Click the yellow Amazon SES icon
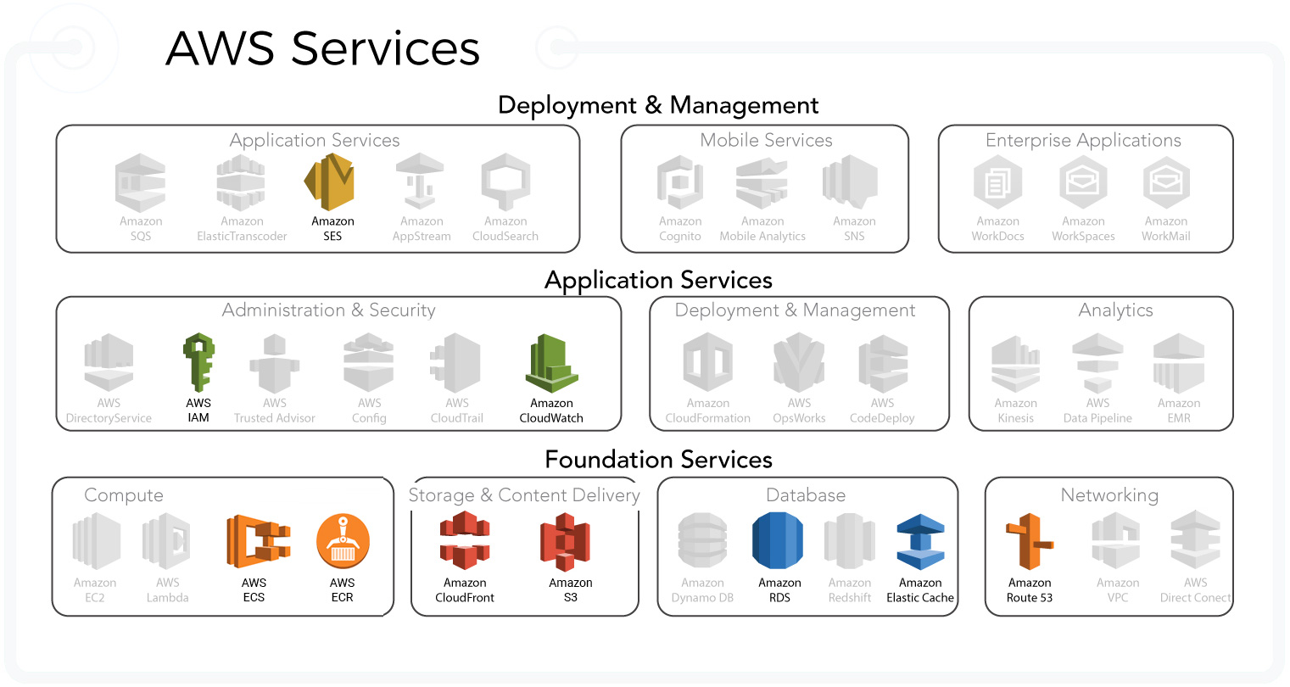(x=329, y=182)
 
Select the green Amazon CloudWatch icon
(x=551, y=364)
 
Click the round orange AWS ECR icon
(x=343, y=541)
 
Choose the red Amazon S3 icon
(x=566, y=542)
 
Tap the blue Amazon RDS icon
(x=778, y=541)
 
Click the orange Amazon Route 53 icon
(x=1030, y=542)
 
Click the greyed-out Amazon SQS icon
(x=141, y=182)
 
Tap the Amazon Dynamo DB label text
(x=702, y=590)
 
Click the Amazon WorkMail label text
(x=1166, y=229)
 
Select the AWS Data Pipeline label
(x=1097, y=411)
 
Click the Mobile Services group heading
(x=766, y=140)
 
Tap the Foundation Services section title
(x=658, y=460)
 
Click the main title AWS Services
(x=322, y=48)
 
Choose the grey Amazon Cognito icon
(x=680, y=182)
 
